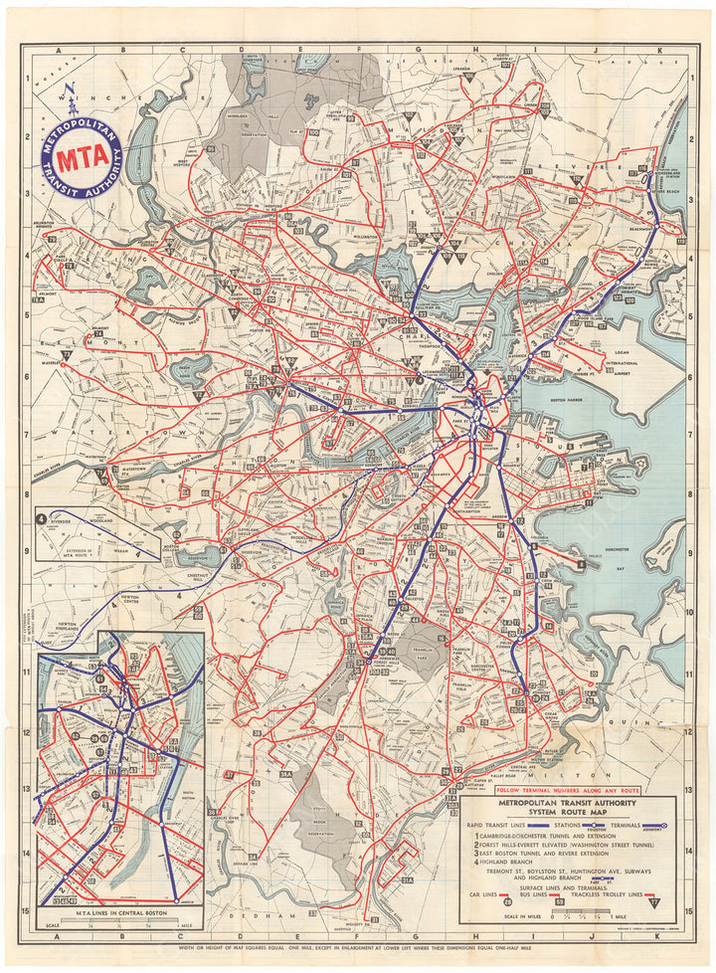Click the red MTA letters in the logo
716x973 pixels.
coord(81,159)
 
